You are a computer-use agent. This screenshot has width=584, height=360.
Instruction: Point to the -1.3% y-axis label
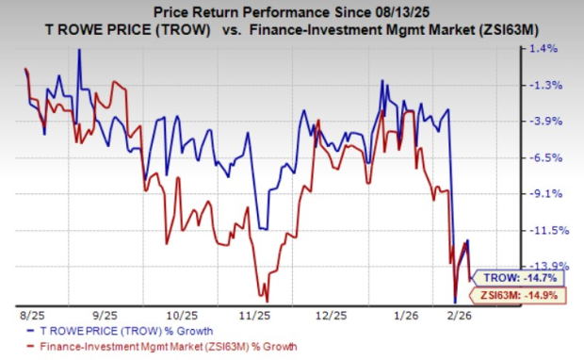click(x=551, y=85)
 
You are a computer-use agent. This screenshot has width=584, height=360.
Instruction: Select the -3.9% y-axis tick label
click(x=551, y=121)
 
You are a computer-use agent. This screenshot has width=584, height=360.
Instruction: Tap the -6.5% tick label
click(x=551, y=157)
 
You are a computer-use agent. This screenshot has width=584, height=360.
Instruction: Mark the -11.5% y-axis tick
click(x=549, y=230)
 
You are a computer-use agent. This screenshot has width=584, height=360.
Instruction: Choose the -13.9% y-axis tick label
click(x=549, y=266)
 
